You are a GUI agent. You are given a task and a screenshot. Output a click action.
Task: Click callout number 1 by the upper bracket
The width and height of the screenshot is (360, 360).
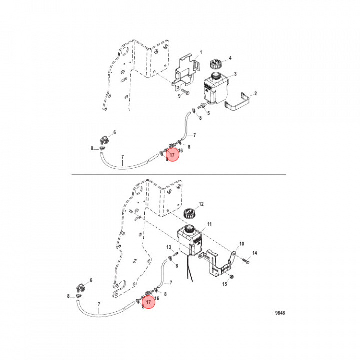[x=201, y=52]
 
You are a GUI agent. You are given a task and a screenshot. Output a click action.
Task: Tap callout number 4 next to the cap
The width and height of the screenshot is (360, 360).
[x=230, y=58]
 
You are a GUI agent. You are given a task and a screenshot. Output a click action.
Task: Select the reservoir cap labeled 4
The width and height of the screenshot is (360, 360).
[x=215, y=64]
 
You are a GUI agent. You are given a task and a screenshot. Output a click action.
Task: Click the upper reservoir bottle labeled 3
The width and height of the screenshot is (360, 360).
[x=216, y=88]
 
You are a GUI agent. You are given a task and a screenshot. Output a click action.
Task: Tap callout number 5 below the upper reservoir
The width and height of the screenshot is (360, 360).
[x=208, y=113]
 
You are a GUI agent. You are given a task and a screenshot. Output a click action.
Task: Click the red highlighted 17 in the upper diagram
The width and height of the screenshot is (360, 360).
[x=172, y=155]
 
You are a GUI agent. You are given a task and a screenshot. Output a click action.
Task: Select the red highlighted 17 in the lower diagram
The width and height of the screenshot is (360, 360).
[x=149, y=302]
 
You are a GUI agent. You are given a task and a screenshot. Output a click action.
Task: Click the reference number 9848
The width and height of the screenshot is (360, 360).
[x=280, y=313]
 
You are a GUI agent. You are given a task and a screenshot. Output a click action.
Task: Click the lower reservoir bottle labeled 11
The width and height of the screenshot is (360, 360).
[x=190, y=240]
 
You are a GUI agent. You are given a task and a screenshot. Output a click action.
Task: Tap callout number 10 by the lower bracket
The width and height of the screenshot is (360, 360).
[x=242, y=244]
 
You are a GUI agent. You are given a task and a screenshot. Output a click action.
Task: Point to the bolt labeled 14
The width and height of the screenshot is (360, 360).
[x=246, y=261]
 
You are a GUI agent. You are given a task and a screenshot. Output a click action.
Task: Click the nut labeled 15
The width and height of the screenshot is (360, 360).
[x=232, y=276]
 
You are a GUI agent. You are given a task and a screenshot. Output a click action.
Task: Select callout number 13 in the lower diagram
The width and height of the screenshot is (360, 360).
[x=169, y=247]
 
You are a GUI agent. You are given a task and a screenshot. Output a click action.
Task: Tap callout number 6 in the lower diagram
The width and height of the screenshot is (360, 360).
[x=91, y=280]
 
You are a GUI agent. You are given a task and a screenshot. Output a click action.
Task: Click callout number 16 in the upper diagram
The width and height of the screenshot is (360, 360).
[x=180, y=150]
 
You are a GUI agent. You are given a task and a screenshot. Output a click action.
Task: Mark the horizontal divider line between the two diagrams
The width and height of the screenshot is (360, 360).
[x=179, y=174]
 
